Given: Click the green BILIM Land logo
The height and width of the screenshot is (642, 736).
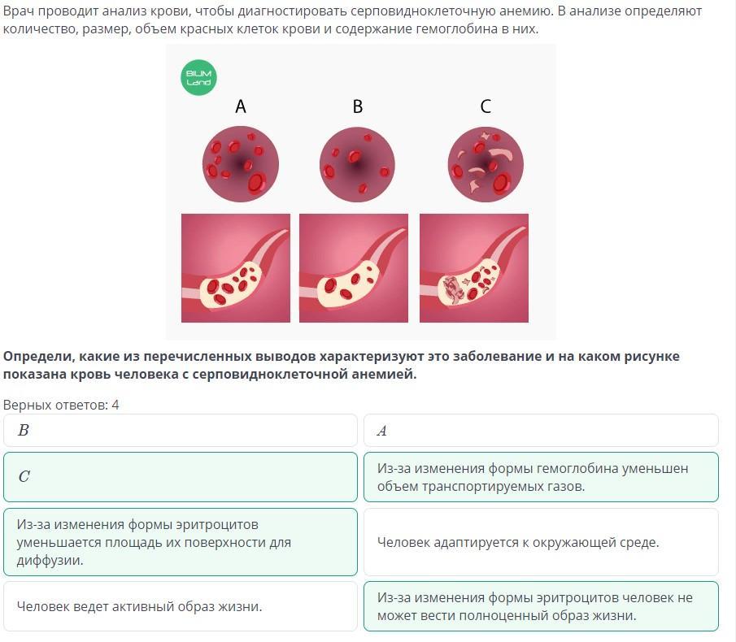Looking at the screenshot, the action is coord(198,77).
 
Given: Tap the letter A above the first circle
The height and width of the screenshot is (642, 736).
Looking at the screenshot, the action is coord(241,106).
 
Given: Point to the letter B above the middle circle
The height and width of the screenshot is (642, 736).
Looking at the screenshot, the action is coord(358,106).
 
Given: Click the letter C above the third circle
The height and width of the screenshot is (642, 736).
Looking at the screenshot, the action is coord(486,106).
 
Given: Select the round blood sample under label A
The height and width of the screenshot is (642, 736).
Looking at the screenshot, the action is coord(241,164).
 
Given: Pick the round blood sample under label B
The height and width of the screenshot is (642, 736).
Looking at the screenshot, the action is coord(357,164).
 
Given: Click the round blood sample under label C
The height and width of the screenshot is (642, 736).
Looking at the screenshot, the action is coord(486,164).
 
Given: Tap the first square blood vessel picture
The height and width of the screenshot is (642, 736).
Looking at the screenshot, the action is coord(236,268).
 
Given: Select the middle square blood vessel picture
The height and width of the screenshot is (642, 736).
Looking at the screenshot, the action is coord(354,268).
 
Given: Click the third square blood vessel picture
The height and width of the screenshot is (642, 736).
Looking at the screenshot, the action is coord(474,268).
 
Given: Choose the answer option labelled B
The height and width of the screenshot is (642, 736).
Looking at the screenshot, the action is coord(181,430).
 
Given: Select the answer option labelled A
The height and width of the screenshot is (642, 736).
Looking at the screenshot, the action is coord(541,430).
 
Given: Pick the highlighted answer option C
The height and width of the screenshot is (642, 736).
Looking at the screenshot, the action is coord(181,477).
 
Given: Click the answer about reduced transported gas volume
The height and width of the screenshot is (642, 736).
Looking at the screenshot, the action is coord(541,477).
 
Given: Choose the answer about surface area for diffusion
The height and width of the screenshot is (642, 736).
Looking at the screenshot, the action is coord(181,542).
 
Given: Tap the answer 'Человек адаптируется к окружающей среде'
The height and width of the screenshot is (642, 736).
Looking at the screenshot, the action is coord(541,542).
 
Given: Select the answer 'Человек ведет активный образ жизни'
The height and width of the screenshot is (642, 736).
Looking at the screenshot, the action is coord(181,606).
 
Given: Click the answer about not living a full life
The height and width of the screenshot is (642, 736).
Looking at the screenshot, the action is coord(541,606).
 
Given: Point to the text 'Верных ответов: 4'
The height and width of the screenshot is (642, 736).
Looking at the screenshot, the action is coord(61,405).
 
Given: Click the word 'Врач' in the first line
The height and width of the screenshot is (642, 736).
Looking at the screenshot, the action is coord(17,11).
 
